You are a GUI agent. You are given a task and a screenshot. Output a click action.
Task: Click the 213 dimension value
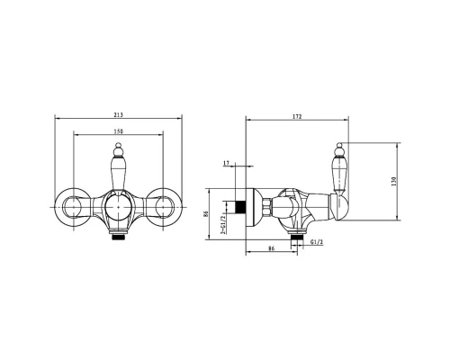point(119,115)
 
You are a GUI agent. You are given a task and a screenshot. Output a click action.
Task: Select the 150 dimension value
point(119,131)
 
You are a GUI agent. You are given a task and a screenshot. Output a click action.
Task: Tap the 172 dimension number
point(297,117)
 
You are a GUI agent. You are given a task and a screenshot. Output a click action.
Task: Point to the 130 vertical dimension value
point(394,182)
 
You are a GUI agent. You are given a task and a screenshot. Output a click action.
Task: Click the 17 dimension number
point(227,163)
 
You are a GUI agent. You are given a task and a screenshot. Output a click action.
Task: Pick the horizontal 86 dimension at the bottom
point(271,248)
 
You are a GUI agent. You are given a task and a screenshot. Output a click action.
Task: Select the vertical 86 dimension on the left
point(205,214)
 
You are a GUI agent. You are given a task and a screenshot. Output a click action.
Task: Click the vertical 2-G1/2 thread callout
point(222,225)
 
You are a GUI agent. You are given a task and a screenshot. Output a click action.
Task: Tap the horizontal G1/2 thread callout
point(317,242)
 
